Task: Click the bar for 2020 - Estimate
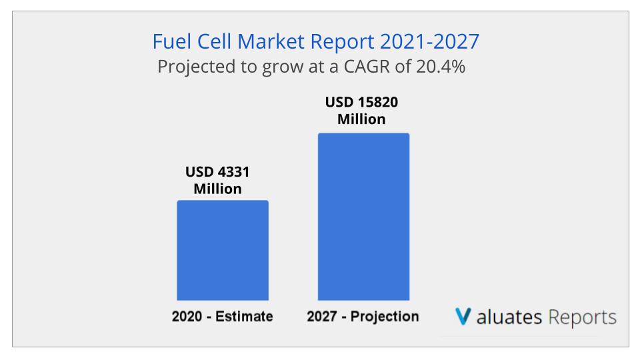click(x=222, y=250)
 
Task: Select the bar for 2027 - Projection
click(x=363, y=217)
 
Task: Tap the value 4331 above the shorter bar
click(x=234, y=172)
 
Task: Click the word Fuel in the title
click(x=169, y=41)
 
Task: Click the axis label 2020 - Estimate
click(x=222, y=317)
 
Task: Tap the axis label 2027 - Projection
click(x=363, y=317)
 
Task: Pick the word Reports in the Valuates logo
click(x=583, y=317)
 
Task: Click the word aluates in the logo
click(x=509, y=317)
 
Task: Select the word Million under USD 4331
click(x=217, y=189)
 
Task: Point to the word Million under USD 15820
click(x=361, y=120)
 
